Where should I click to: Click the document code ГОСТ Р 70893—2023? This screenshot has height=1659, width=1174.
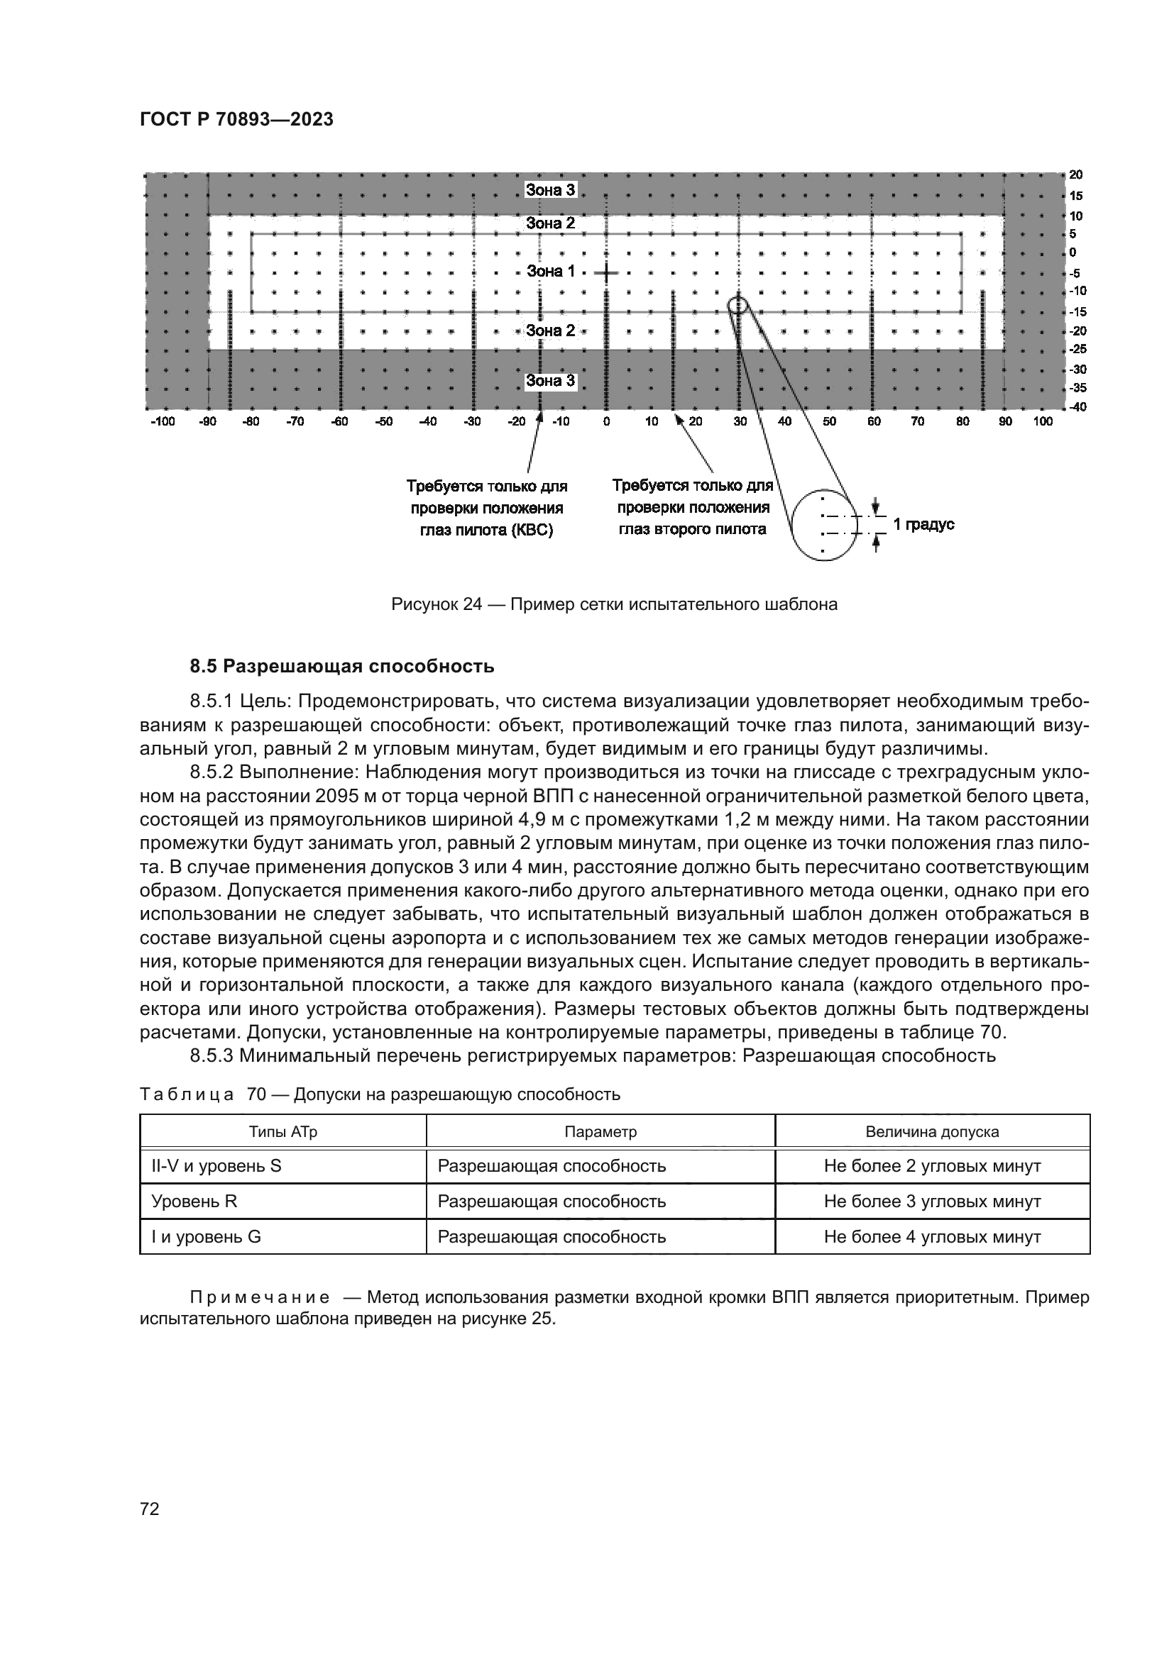coord(236,120)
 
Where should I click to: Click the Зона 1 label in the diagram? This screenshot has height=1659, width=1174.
coord(550,272)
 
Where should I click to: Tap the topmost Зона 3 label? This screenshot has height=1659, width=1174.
coord(550,190)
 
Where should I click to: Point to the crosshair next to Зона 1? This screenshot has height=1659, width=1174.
coord(606,273)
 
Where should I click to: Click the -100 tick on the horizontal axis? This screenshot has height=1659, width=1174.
coord(163,422)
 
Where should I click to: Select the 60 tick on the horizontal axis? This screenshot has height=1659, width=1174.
coord(874,422)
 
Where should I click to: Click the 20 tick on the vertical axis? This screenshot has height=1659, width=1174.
coord(1075,174)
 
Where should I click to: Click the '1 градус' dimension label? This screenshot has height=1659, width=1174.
coord(923,525)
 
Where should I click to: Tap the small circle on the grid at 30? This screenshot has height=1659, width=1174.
coord(737,304)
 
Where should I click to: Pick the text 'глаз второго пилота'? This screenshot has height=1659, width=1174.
coord(692,530)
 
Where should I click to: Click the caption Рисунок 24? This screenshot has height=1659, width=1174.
coord(614,605)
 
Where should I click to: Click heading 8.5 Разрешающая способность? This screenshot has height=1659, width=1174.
coord(342,666)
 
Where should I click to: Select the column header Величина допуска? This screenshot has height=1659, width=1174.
coord(932,1132)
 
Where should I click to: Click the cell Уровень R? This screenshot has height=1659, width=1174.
coord(194,1202)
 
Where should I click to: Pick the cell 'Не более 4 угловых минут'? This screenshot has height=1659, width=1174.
coord(932,1237)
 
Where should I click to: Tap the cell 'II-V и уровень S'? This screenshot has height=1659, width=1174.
coord(216,1166)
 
